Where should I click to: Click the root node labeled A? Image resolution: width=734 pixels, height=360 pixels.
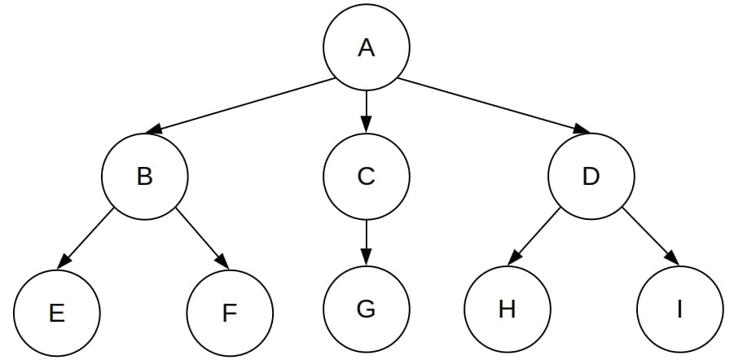(x=367, y=48)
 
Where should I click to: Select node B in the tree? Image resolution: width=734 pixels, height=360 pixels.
(x=145, y=176)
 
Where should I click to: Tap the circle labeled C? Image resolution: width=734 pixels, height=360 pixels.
(x=367, y=176)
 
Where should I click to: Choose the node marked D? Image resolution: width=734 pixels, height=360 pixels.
(x=590, y=176)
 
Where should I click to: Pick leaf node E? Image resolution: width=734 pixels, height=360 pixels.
(x=57, y=313)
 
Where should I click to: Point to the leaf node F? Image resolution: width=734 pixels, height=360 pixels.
(x=230, y=313)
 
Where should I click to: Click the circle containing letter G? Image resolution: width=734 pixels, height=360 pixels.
(x=367, y=309)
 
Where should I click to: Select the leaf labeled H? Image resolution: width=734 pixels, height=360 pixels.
(x=507, y=309)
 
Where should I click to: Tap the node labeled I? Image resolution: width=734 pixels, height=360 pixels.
(x=680, y=309)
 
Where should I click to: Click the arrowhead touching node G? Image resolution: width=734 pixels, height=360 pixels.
(x=367, y=260)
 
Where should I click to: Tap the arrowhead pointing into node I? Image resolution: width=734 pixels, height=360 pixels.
(x=671, y=258)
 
